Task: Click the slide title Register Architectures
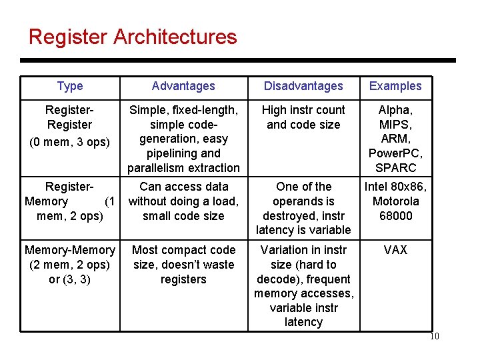pyautogui.click(x=133, y=36)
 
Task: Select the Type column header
pyautogui.click(x=70, y=86)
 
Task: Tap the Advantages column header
pyautogui.click(x=183, y=86)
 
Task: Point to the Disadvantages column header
pyautogui.click(x=303, y=86)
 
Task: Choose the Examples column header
pyautogui.click(x=395, y=86)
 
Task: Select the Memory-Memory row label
pyautogui.click(x=70, y=265)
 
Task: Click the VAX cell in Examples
pyautogui.click(x=395, y=250)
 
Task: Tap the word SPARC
pyautogui.click(x=395, y=168)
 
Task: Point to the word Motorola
pyautogui.click(x=396, y=201)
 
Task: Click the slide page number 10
pyautogui.click(x=434, y=337)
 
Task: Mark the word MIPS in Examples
pyautogui.click(x=395, y=125)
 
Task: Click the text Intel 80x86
pyautogui.click(x=395, y=187)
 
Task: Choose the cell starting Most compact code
pyautogui.click(x=183, y=265)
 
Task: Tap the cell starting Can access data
pyautogui.click(x=183, y=201)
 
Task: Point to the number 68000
pyautogui.click(x=395, y=216)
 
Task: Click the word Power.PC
pyautogui.click(x=395, y=153)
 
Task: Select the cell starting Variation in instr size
pyautogui.click(x=303, y=286)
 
